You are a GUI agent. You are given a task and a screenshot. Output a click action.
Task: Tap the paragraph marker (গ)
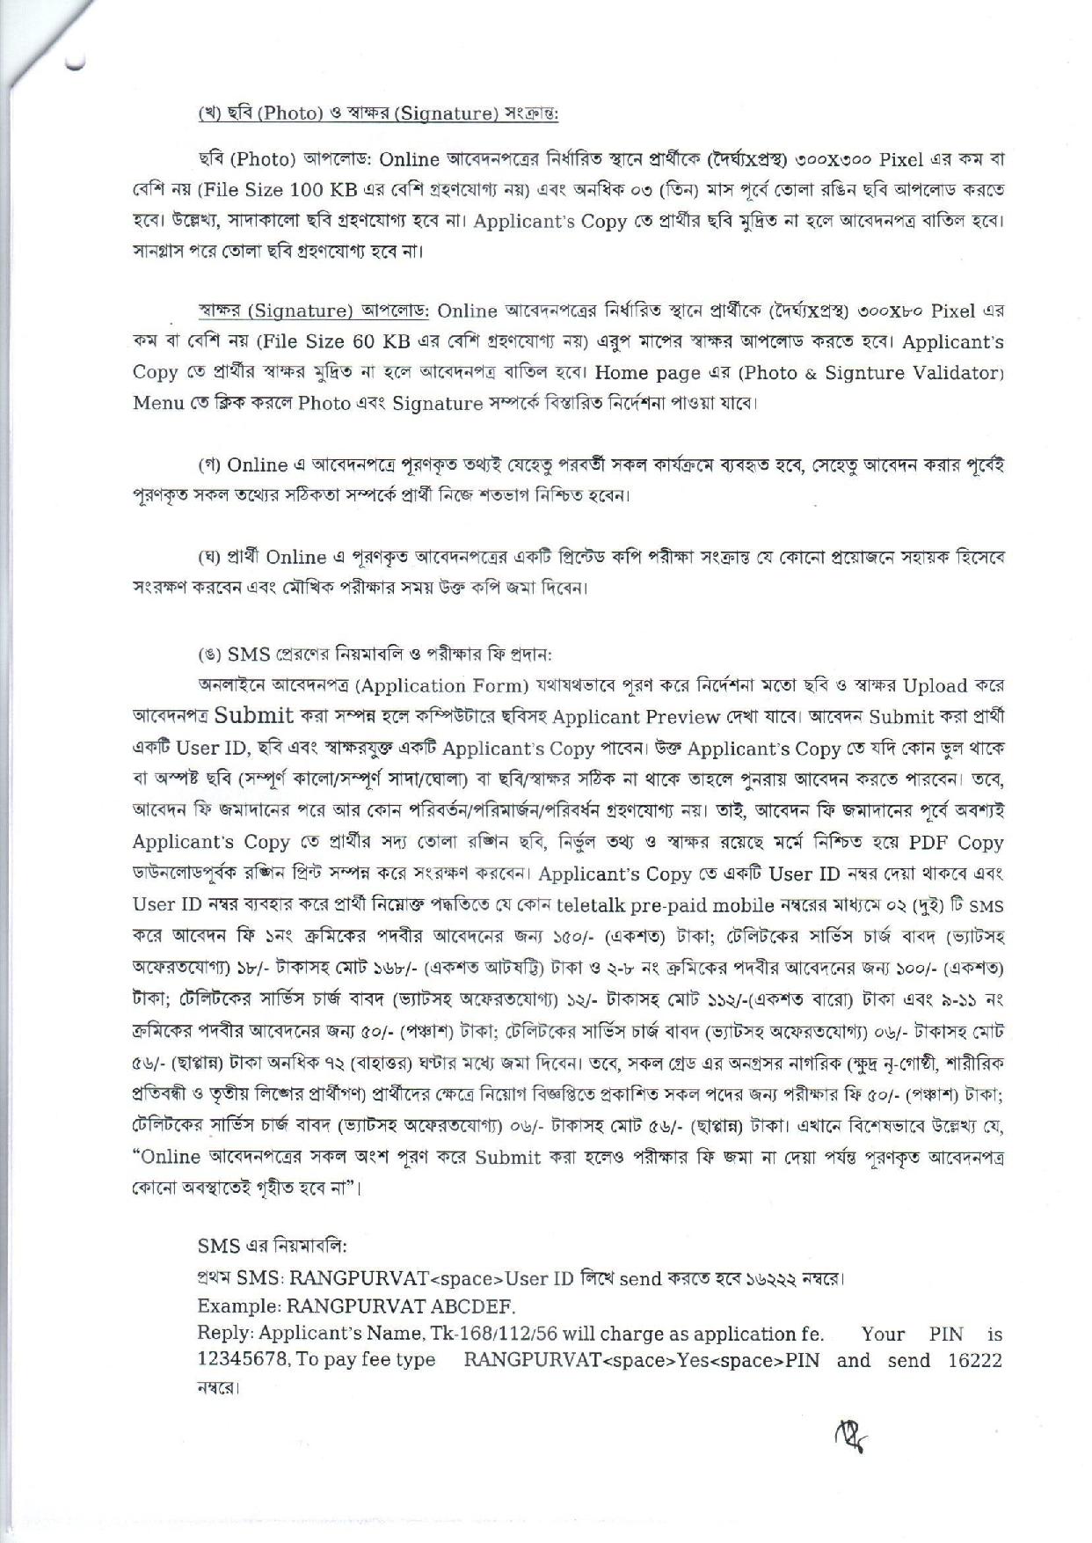(208, 464)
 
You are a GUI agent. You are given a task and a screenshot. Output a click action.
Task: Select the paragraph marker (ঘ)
(208, 557)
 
